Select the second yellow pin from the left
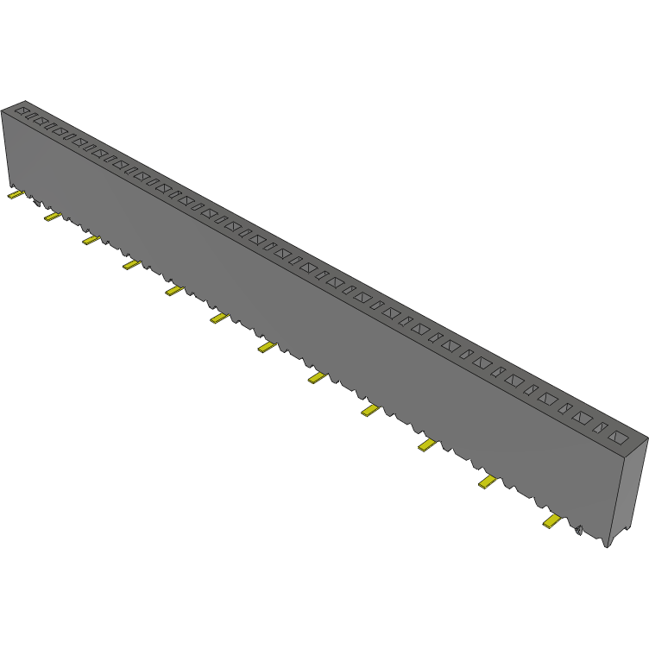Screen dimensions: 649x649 (x=53, y=216)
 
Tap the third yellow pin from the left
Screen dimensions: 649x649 (x=91, y=240)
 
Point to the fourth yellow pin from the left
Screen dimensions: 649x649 (x=131, y=265)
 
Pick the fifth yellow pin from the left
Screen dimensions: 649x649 (x=174, y=291)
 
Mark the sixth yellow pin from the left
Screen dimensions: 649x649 (x=218, y=318)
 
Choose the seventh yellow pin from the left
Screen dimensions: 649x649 (x=267, y=347)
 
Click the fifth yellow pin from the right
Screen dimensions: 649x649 (x=318, y=377)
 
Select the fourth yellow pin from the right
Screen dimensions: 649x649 (x=371, y=409)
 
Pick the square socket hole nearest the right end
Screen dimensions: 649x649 (x=618, y=438)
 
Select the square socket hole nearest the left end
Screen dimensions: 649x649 (x=24, y=112)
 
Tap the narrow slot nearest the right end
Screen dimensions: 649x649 (x=602, y=428)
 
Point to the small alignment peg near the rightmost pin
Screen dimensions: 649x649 (x=579, y=530)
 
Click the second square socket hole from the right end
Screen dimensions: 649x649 (x=583, y=419)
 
